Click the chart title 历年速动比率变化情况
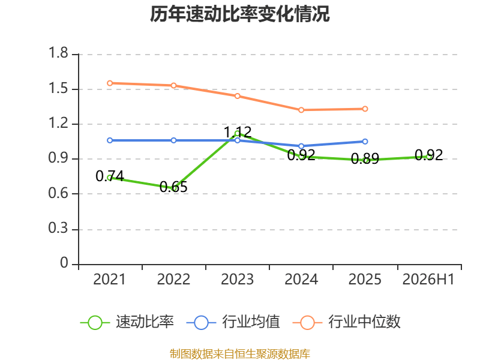239,14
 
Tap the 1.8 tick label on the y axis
58,53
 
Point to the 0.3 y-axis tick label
58,228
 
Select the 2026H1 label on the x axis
428,279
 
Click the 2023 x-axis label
237,279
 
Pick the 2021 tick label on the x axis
110,279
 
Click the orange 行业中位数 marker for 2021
110,83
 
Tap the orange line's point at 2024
301,110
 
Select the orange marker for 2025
365,109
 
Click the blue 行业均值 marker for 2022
173,140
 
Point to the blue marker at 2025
365,142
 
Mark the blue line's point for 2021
110,140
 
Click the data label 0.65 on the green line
173,187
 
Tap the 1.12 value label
238,132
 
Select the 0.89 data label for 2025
365,158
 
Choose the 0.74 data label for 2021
110,176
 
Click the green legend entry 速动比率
127,322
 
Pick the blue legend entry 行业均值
233,322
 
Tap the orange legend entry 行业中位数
347,322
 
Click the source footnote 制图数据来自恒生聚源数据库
240,354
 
